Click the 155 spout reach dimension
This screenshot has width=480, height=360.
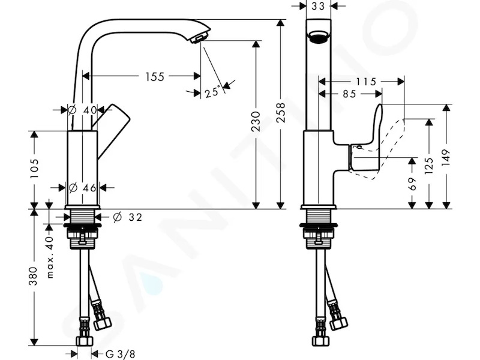click(x=155, y=77)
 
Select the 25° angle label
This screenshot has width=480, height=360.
click(x=212, y=92)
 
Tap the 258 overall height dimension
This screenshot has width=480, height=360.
click(x=281, y=113)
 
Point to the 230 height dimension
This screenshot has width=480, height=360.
click(x=256, y=122)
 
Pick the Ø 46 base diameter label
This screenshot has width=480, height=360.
click(x=83, y=187)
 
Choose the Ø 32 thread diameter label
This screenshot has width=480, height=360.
click(x=127, y=217)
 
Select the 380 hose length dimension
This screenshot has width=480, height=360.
click(x=33, y=276)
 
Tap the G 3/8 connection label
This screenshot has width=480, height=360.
click(x=121, y=354)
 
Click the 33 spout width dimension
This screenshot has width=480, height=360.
click(x=318, y=6)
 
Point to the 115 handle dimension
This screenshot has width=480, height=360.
click(x=366, y=82)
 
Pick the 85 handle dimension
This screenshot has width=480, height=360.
click(x=349, y=94)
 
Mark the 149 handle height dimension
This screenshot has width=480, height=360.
click(x=446, y=157)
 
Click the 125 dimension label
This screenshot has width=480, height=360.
click(x=429, y=166)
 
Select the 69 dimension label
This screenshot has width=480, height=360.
click(x=412, y=184)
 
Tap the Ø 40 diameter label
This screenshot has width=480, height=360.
click(x=83, y=110)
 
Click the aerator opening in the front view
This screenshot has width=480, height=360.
click(x=319, y=36)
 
